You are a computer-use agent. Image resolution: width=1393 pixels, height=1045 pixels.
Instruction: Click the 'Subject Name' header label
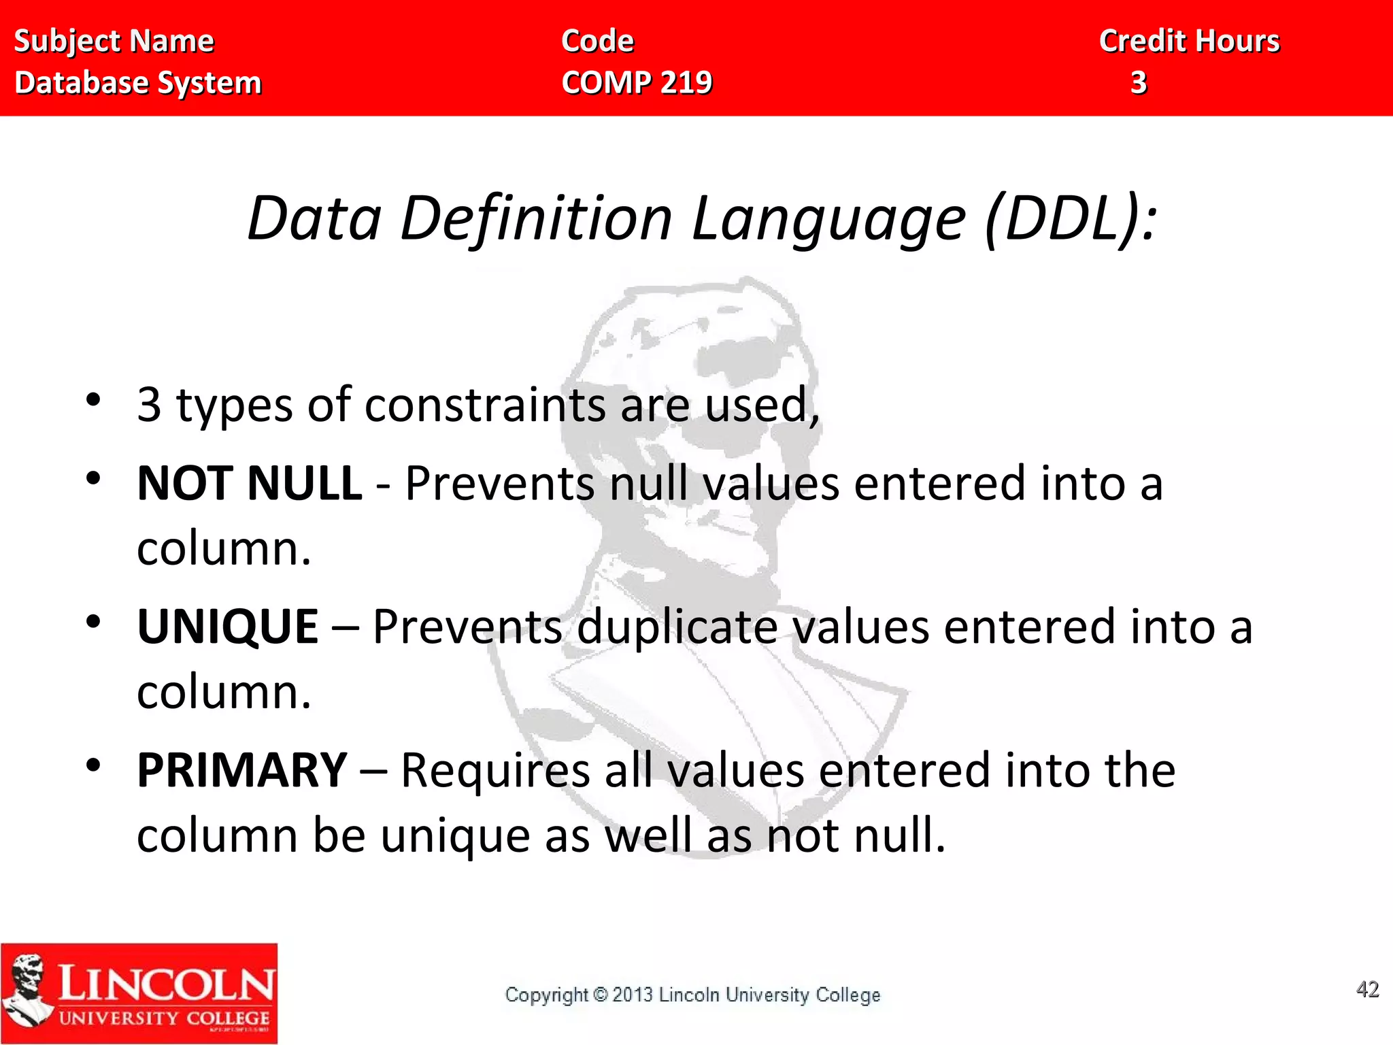pyautogui.click(x=114, y=42)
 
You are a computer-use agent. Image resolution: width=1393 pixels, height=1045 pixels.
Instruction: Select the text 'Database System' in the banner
pyautogui.click(x=137, y=83)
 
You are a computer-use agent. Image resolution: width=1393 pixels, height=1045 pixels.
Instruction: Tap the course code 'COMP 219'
pyautogui.click(x=637, y=83)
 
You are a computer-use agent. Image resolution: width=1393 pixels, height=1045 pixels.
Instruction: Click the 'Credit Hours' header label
pyautogui.click(x=1189, y=42)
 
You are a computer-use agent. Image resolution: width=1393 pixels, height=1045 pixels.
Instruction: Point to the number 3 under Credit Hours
pyautogui.click(x=1139, y=83)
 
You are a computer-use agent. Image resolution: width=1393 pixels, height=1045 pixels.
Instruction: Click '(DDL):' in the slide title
pyautogui.click(x=1071, y=218)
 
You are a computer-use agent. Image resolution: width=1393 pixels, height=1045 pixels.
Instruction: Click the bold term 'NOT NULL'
pyautogui.click(x=249, y=483)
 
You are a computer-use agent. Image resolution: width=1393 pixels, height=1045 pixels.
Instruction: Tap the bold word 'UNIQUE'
pyautogui.click(x=227, y=627)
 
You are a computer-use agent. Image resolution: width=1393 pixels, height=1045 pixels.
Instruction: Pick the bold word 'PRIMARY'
pyautogui.click(x=242, y=770)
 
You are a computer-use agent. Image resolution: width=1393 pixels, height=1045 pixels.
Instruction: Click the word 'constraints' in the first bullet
pyautogui.click(x=485, y=405)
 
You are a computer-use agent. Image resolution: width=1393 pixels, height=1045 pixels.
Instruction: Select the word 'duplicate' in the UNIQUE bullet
pyautogui.click(x=677, y=627)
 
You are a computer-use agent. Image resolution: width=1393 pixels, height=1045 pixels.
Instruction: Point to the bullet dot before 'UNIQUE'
pyautogui.click(x=93, y=621)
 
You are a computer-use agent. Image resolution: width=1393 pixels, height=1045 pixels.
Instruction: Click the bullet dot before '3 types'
pyautogui.click(x=93, y=400)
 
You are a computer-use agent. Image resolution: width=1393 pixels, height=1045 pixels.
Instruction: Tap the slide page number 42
pyautogui.click(x=1367, y=989)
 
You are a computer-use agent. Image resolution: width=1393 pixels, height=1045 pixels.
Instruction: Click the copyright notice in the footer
pyautogui.click(x=692, y=995)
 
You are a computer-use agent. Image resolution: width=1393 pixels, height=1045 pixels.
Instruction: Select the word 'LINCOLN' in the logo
pyautogui.click(x=166, y=984)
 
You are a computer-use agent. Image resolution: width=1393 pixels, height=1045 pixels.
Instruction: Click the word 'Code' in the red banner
pyautogui.click(x=597, y=42)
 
